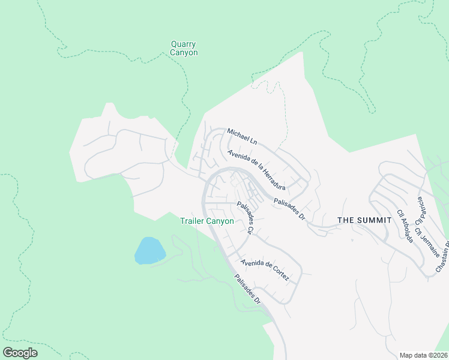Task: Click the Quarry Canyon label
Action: tap(184, 49)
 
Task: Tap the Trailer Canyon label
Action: tap(207, 221)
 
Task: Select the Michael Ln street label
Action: tap(242, 136)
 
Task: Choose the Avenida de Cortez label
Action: tap(265, 270)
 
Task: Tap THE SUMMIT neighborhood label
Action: tap(364, 220)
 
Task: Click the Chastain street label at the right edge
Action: tap(442, 259)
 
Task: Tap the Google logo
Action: tap(20, 353)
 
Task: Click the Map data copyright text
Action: tap(423, 355)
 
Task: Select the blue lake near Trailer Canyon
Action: tap(149, 250)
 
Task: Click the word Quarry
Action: tap(184, 44)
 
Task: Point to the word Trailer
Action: tap(193, 221)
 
